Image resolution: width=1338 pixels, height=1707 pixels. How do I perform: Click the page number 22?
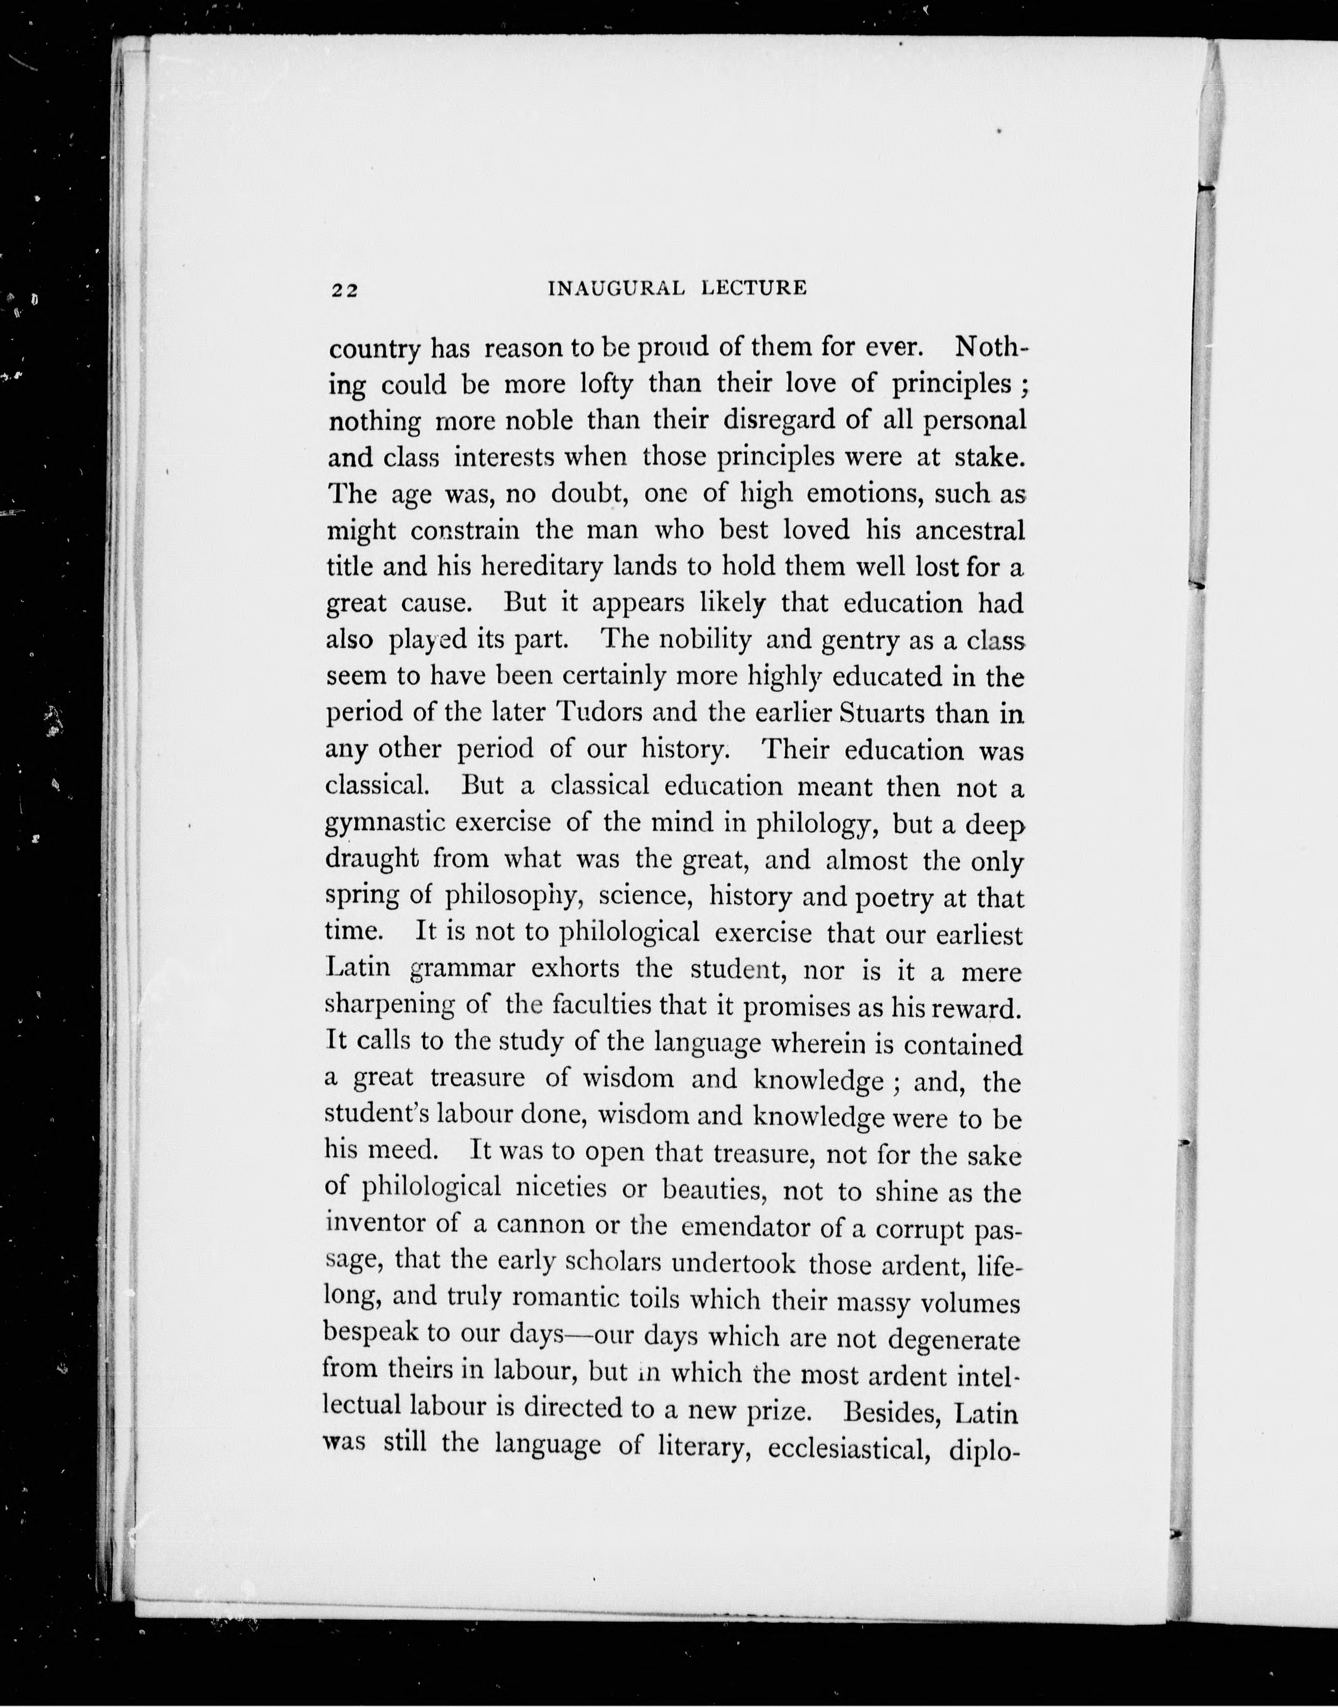[x=344, y=290]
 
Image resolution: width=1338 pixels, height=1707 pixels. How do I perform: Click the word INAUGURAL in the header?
[x=616, y=288]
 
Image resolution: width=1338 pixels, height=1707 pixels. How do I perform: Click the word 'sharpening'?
[x=389, y=1005]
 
